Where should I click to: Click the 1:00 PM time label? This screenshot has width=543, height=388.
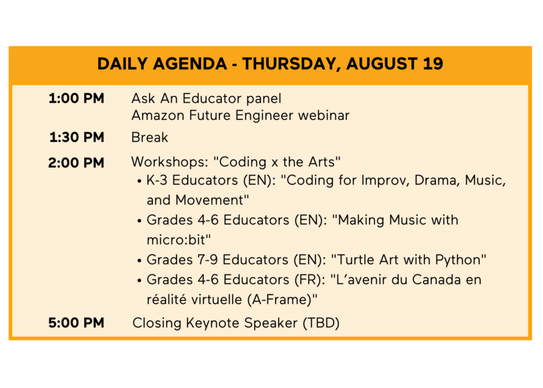pos(76,99)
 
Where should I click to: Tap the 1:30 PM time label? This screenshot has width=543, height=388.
pos(76,137)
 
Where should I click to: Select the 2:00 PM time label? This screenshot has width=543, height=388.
pos(76,162)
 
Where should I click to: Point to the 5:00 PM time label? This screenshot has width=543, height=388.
pos(76,323)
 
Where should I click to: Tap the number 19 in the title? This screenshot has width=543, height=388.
pos(433,64)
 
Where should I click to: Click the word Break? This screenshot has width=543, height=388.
pos(150,137)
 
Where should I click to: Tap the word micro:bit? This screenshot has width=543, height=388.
pos(177,240)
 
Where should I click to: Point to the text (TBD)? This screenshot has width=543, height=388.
pos(321,323)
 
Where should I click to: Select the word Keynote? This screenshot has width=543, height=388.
pos(213,323)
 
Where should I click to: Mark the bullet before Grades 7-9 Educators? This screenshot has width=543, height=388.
pos(139,261)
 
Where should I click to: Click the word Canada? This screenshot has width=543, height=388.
pos(436,280)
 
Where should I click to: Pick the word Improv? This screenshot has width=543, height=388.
pos(385,180)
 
